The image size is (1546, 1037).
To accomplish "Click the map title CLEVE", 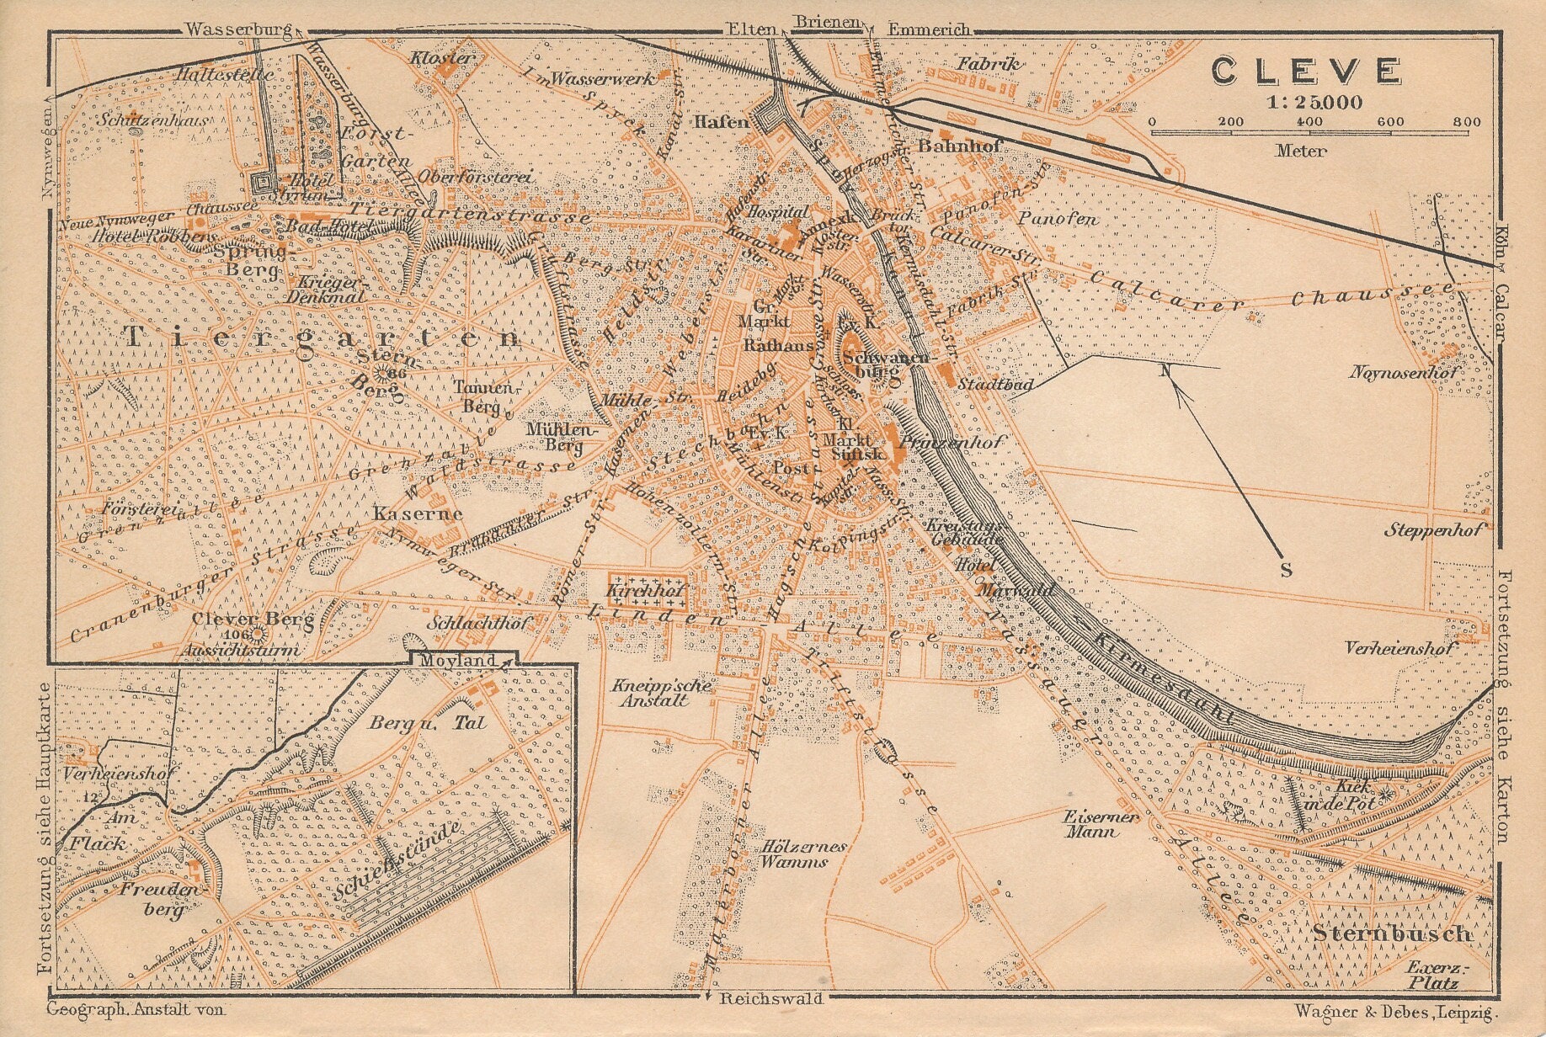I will pyautogui.click(x=1307, y=71).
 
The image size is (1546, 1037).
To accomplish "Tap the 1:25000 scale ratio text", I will pyautogui.click(x=1311, y=103).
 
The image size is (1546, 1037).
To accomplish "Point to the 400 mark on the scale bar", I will pyautogui.click(x=1309, y=122).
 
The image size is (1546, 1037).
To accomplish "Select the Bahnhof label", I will pyautogui.click(x=960, y=146).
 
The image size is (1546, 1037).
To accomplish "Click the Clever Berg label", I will pyautogui.click(x=242, y=620).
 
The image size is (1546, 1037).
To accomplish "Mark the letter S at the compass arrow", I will pyautogui.click(x=1286, y=570).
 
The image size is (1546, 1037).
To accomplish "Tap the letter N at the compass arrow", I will pyautogui.click(x=1165, y=371).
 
